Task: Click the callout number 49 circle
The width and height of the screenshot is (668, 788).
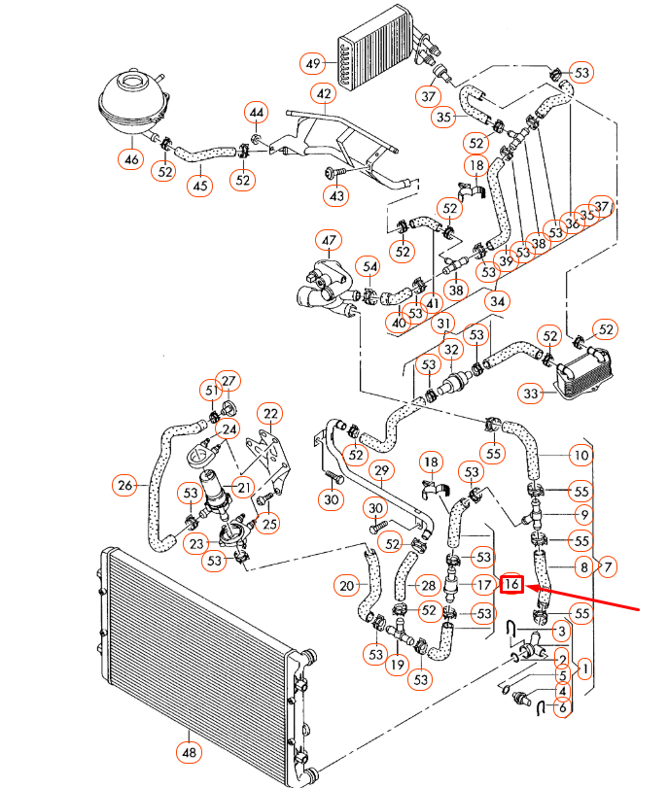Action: pos(312,64)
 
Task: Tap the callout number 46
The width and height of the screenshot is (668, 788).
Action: pos(130,157)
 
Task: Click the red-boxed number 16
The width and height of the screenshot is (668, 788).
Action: pos(511,584)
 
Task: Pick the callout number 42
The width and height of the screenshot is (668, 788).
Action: pos(323,94)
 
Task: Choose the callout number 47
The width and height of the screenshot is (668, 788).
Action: pos(328,241)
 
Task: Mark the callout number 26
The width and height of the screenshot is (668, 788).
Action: pos(124,484)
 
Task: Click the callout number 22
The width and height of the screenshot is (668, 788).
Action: pos(268,414)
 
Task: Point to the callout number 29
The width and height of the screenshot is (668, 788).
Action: pos(381,471)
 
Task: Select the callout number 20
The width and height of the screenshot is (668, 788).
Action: pos(347,585)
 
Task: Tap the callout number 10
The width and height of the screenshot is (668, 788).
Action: pos(581,455)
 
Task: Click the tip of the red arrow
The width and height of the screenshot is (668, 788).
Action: pos(528,586)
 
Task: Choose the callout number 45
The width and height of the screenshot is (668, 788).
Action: pos(199,185)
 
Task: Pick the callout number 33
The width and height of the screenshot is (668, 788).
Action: pos(558,394)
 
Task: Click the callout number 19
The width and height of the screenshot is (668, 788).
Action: pos(396,666)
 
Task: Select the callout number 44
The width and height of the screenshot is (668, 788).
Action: pos(256,114)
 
